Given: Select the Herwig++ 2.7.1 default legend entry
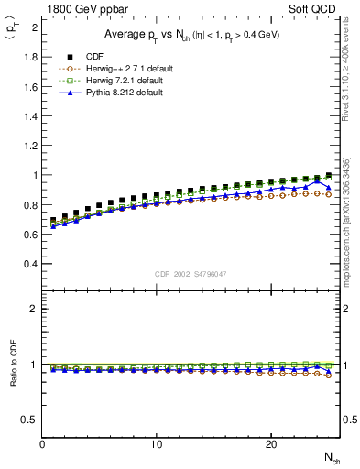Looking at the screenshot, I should [114, 68].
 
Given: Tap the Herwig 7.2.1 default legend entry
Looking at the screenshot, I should [112, 80].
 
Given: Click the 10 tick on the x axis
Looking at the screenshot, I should [157, 444].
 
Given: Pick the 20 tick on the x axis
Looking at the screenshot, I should [271, 444].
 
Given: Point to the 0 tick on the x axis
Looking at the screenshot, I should [43, 444].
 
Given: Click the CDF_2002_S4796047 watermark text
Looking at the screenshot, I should [191, 274].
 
